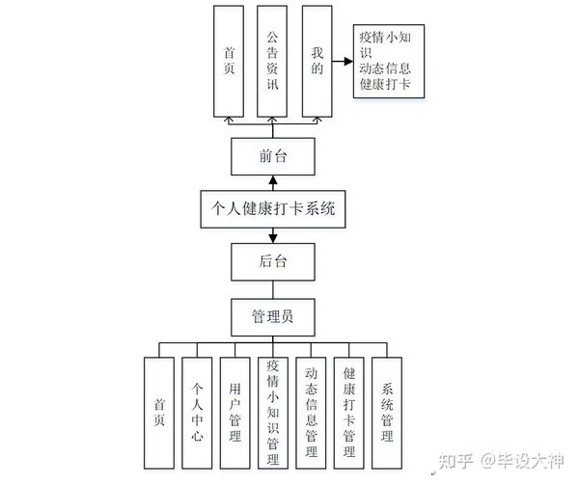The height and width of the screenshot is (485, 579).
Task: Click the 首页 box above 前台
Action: pos(229,60)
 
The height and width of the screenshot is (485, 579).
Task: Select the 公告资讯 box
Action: pos(273,60)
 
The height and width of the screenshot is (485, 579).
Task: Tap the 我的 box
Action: pos(317,60)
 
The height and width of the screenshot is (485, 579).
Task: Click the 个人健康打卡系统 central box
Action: pos(273,207)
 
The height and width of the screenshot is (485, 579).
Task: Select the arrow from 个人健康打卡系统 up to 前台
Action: pos(273,181)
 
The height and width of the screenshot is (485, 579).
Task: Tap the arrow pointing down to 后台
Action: pos(273,234)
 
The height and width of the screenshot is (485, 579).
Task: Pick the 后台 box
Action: pos(273,259)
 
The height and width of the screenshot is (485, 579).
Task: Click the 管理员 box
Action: pos(273,315)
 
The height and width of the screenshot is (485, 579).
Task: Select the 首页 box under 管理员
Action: pos(159,412)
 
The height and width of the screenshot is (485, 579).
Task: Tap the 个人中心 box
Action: pos(197,412)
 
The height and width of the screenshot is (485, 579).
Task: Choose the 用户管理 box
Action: pos(234,412)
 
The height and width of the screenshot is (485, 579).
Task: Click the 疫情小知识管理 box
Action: pos(273,412)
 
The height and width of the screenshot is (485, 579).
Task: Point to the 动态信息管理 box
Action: pos(311,412)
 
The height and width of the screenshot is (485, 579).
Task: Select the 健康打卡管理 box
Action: pos(349,412)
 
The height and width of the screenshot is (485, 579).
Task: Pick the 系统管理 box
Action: pos(387,412)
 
